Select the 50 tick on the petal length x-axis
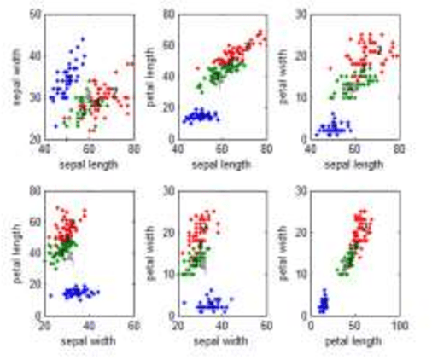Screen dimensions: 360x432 coord(353,327)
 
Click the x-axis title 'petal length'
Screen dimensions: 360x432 coord(353,340)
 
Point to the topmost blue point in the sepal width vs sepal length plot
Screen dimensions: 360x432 coord(82,38)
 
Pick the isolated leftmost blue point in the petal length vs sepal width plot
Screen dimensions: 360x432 coord(52,295)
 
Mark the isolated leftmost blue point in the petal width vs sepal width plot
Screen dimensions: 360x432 coord(184,302)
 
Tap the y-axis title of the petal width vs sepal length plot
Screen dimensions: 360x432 coord(283,76)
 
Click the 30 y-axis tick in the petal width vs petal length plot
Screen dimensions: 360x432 coord(301,190)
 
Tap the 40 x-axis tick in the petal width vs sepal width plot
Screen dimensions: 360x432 coord(222,327)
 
